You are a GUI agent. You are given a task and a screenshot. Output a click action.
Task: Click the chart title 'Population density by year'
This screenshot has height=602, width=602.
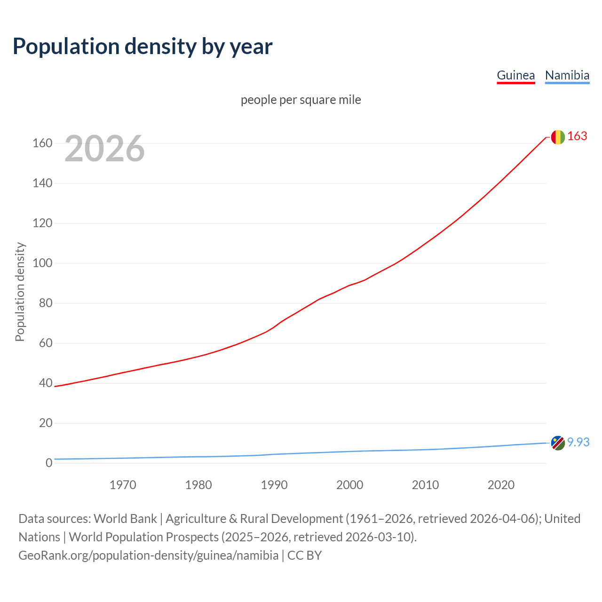tap(143, 46)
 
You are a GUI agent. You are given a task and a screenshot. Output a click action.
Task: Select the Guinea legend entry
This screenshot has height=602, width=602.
tap(516, 75)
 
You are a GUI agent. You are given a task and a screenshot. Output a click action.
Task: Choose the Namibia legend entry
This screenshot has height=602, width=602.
tap(567, 75)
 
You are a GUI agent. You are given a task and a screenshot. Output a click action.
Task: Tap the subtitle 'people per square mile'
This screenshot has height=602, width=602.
tap(301, 100)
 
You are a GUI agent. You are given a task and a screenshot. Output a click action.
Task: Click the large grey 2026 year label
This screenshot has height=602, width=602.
tap(104, 149)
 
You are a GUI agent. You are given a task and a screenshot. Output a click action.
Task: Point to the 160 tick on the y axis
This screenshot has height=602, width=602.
tap(42, 143)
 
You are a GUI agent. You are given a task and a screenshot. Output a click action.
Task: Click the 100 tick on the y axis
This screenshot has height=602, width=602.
tap(42, 263)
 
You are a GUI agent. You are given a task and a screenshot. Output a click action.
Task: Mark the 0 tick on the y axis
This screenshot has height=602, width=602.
tap(48, 463)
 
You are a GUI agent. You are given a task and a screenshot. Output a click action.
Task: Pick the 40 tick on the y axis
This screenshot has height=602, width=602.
tap(45, 383)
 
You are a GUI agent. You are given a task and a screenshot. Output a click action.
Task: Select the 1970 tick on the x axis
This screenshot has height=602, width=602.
tap(123, 484)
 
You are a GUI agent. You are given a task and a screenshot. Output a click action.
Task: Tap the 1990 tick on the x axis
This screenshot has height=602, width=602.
tap(274, 484)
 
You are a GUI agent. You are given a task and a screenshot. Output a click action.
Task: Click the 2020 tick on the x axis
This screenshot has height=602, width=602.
tap(501, 484)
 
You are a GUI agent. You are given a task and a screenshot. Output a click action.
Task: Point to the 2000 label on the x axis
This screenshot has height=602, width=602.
tap(350, 484)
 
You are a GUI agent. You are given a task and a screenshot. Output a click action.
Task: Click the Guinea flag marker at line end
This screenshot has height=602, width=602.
tap(558, 137)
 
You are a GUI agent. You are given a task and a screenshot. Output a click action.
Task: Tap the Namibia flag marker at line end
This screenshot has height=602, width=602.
tap(558, 443)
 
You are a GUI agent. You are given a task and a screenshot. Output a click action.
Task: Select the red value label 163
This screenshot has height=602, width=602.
tap(577, 136)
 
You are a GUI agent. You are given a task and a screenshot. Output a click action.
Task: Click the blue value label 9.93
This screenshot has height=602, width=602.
tap(578, 442)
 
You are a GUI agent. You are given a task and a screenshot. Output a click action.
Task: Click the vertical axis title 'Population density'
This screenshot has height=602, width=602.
tap(20, 292)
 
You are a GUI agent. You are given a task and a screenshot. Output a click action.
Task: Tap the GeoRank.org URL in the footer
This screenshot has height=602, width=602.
tap(148, 555)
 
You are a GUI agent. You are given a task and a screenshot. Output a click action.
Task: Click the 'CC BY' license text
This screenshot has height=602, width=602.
tap(304, 555)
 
